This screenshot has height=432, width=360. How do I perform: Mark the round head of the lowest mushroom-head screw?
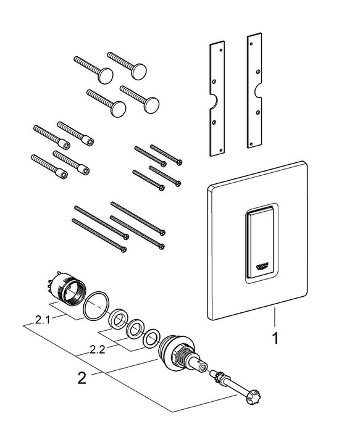click(x=118, y=109)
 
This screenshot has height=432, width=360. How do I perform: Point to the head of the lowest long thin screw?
click(x=123, y=249)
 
